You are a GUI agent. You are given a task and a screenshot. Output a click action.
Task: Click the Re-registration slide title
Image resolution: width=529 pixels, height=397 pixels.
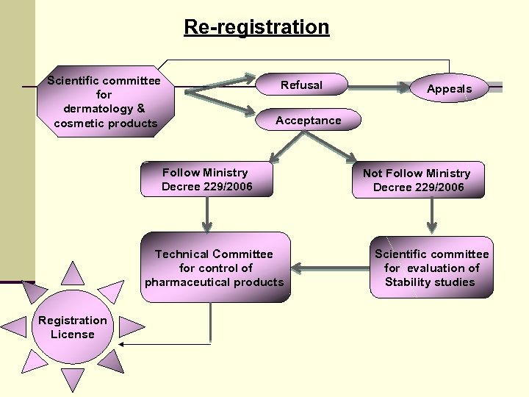pos(256,27)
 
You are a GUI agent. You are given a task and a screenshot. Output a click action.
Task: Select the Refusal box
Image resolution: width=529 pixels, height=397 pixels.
pos(301,85)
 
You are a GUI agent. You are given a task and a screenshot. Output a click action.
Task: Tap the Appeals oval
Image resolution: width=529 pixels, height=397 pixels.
pos(449,89)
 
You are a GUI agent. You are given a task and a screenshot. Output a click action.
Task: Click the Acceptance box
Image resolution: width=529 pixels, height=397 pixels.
pos(308,121)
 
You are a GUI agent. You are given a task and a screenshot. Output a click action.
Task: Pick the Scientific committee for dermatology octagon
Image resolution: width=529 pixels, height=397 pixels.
pos(104,101)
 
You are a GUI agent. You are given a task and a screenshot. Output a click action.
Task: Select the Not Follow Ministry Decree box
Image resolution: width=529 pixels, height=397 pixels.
pos(417,180)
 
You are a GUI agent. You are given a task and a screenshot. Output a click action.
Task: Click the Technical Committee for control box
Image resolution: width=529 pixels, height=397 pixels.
pos(214,268)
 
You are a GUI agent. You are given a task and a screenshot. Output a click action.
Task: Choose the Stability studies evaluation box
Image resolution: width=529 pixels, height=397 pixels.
pos(431,268)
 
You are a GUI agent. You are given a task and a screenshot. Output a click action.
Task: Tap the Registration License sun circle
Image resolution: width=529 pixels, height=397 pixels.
pos(72,327)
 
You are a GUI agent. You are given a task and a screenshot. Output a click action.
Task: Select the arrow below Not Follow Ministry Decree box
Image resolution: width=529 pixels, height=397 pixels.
pos(431,216)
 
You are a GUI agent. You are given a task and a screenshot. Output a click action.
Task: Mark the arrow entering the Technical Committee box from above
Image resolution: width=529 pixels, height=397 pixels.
pos(208,215)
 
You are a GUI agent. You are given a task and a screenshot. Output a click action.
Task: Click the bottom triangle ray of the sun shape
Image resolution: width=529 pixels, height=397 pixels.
pos(72,379)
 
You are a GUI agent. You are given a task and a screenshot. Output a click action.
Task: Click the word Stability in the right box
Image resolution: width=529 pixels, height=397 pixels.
pos(409,282)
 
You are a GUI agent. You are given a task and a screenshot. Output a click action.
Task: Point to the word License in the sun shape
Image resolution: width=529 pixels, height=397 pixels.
pos(72,335)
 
